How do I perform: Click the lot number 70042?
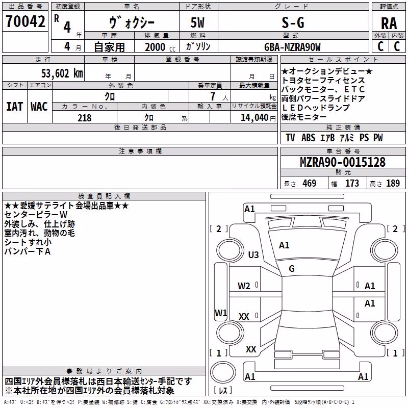tap(25, 21)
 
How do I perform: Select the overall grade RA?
tap(389, 23)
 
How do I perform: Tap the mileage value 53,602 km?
tap(62, 73)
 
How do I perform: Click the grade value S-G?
tap(293, 22)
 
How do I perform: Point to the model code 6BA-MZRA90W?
tap(292, 47)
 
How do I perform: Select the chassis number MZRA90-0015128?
tap(343, 162)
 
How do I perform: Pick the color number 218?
tap(84, 118)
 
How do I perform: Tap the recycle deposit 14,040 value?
tap(254, 118)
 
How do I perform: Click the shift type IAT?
tap(15, 107)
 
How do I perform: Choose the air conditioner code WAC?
tap(39, 107)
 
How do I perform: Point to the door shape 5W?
tap(197, 22)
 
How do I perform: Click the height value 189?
tap(393, 183)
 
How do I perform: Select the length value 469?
tap(310, 183)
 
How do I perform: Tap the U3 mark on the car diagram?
tap(253, 254)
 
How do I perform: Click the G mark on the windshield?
tap(292, 269)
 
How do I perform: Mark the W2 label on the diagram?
tap(244, 286)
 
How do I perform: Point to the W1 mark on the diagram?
tap(221, 313)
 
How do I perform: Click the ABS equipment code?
tap(309, 138)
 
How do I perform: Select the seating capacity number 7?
tap(213, 96)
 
